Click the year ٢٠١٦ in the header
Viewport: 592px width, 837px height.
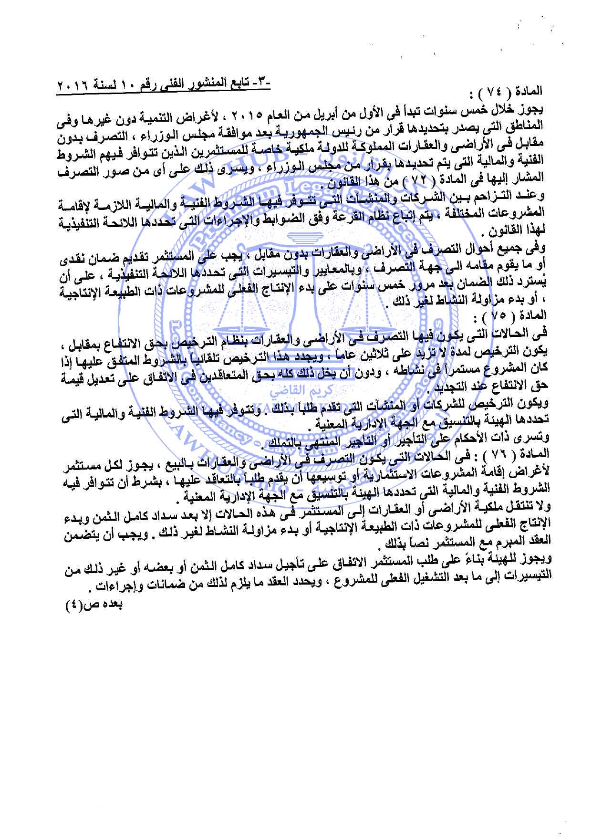pyautogui.click(x=70, y=87)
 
